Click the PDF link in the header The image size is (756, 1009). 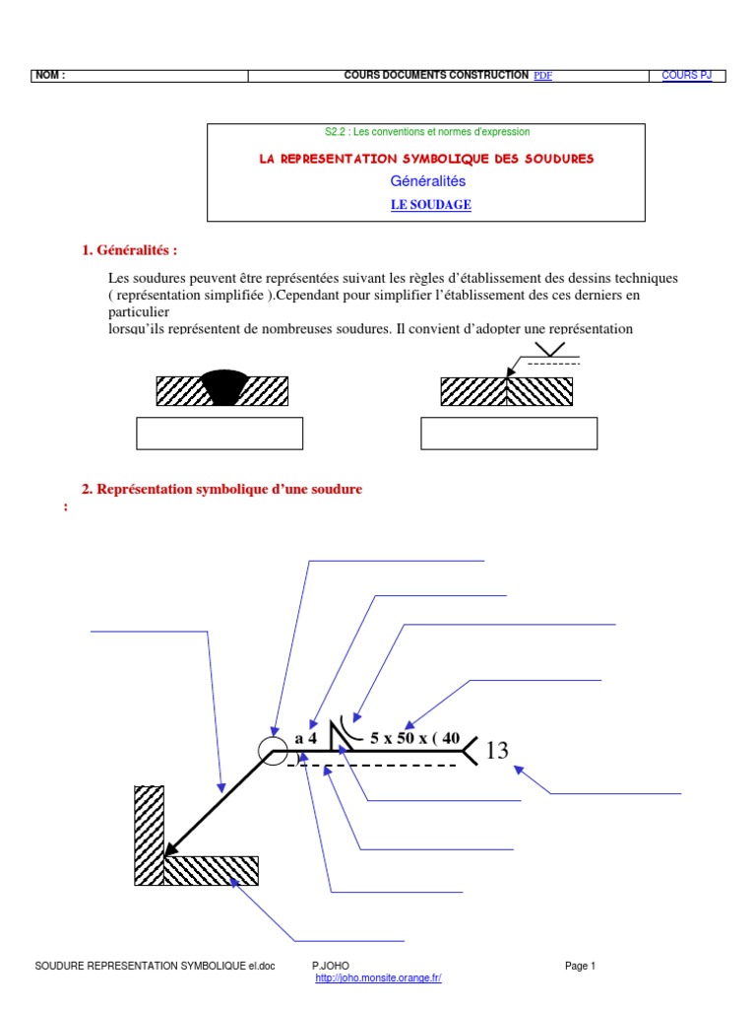(x=542, y=76)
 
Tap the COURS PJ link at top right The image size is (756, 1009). (x=686, y=76)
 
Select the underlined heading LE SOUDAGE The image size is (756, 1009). (x=431, y=205)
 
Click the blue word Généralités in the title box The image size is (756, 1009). (x=428, y=181)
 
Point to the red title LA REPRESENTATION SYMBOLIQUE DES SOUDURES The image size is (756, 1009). (x=426, y=159)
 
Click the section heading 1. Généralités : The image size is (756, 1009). (x=130, y=250)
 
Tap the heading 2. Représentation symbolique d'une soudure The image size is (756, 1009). (x=221, y=489)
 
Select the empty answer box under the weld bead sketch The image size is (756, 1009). (x=219, y=434)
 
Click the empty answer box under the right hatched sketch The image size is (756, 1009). (x=508, y=434)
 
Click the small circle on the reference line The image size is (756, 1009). (x=271, y=751)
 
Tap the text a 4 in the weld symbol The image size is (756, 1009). (x=305, y=737)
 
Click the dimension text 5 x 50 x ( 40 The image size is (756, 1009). (x=414, y=737)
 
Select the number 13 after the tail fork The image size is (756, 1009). (x=497, y=751)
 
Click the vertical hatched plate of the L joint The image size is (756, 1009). (x=148, y=834)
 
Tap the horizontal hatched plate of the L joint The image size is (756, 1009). (x=211, y=870)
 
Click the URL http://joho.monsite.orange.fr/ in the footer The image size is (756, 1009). (x=378, y=977)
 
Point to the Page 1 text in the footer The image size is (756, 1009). (x=581, y=966)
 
